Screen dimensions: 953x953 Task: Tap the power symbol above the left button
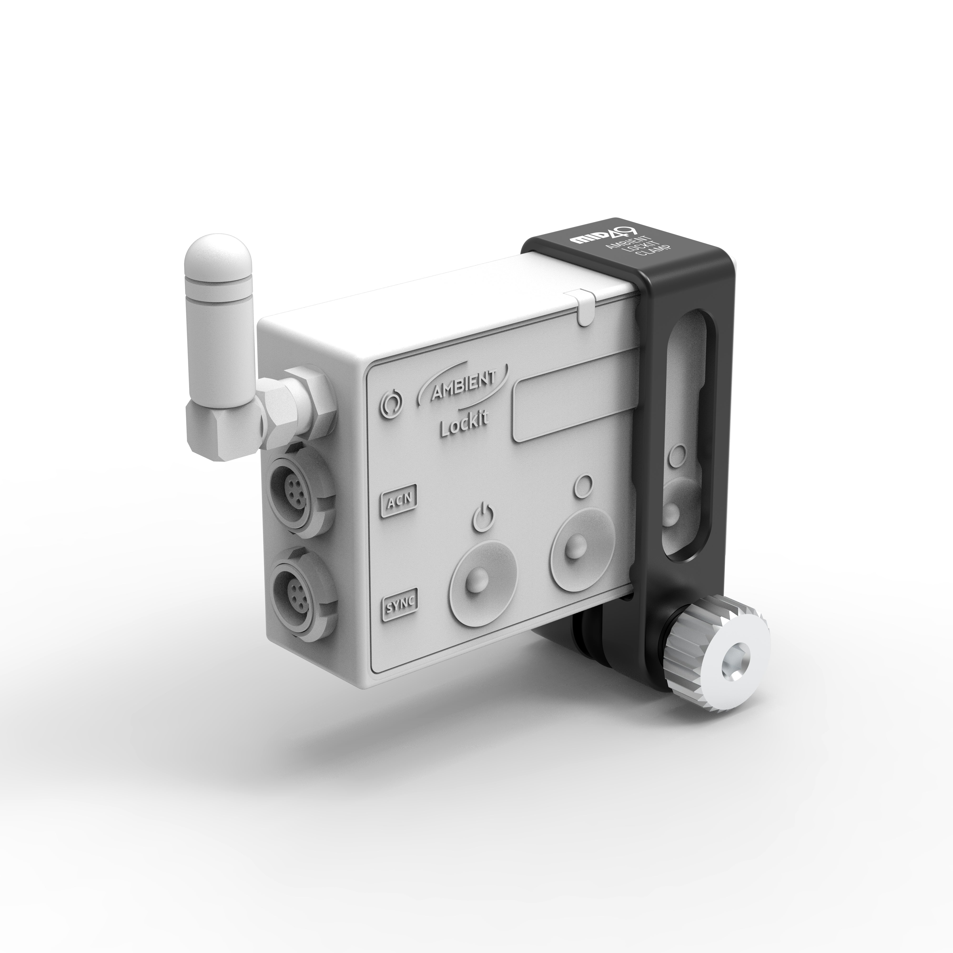tap(483, 518)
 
